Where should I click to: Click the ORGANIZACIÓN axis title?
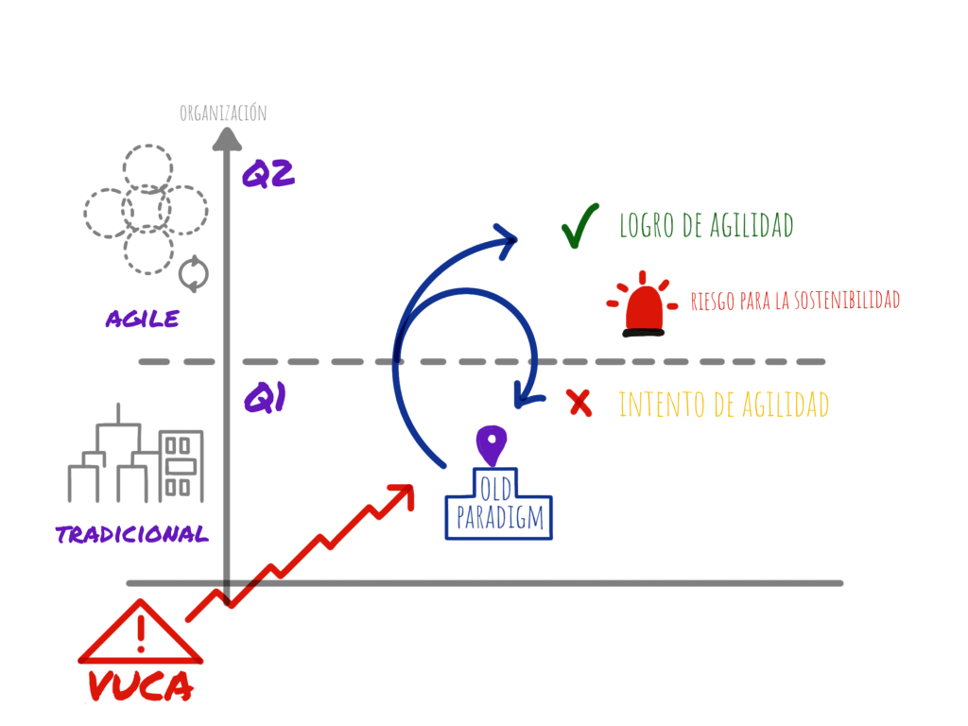[x=223, y=113]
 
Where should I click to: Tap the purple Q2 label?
[x=269, y=174]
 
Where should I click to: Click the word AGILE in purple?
[x=143, y=319]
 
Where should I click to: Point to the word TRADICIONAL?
[x=132, y=534]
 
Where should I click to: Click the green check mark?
[x=579, y=228]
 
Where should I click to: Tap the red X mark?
[x=579, y=405]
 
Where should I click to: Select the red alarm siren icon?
[x=642, y=306]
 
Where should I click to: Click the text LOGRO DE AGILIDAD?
[x=705, y=226]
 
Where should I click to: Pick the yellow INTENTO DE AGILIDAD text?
[x=723, y=406]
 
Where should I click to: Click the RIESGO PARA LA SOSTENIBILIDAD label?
[x=793, y=301]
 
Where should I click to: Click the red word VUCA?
[x=141, y=686]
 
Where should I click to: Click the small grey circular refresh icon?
[x=194, y=273]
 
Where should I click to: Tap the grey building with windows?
[x=181, y=465]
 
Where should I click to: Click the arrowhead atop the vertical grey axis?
[x=226, y=139]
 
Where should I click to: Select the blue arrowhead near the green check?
[x=509, y=238]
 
